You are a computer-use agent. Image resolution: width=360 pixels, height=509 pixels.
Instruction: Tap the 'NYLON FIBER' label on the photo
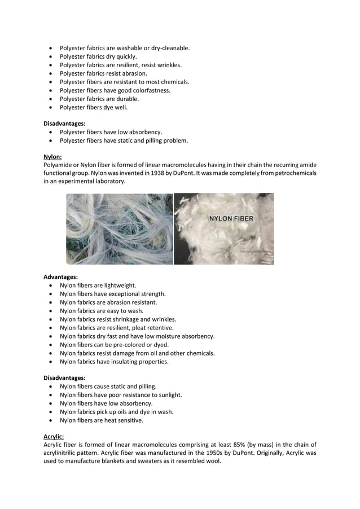pyautogui.click(x=231, y=218)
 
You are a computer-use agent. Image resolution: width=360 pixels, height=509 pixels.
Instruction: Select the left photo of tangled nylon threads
pyautogui.click(x=120, y=229)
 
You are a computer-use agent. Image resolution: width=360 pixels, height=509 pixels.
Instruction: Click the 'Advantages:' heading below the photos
pyautogui.click(x=60, y=277)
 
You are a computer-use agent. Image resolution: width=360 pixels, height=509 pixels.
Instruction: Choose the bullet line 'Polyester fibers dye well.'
pyautogui.click(x=94, y=107)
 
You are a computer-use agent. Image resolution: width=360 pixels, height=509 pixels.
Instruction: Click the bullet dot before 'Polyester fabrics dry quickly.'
pyautogui.click(x=52, y=56)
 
